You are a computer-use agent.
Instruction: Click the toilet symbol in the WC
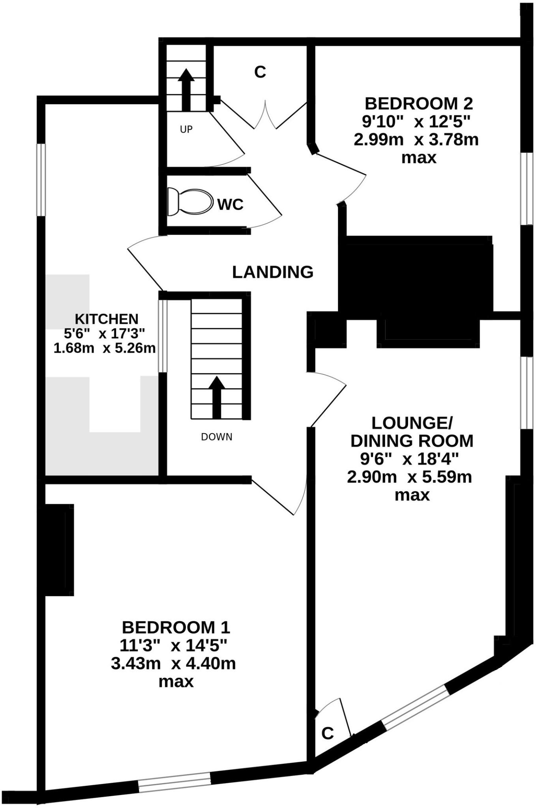tap(189, 202)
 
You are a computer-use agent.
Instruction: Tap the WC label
tap(231, 205)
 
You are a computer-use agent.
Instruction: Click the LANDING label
tap(273, 272)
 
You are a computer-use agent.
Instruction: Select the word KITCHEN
tap(107, 319)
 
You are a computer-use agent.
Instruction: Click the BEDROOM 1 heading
tap(176, 627)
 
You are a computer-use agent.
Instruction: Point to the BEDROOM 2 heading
tap(418, 104)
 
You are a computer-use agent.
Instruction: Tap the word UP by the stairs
tap(186, 129)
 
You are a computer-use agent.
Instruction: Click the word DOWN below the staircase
tap(217, 437)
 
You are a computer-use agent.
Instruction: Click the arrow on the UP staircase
tap(186, 90)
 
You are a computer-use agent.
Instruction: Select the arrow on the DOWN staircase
tap(216, 397)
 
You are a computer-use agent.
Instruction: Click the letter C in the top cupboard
tap(260, 72)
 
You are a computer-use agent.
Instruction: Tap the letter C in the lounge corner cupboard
tap(328, 733)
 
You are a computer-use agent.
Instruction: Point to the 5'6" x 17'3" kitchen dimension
tap(105, 334)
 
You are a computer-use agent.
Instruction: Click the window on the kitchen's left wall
tap(41, 180)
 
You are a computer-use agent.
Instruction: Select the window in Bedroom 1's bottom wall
tap(174, 783)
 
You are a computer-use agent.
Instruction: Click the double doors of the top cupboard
tap(265, 115)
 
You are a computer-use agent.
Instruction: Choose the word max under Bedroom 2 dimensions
tap(419, 158)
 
